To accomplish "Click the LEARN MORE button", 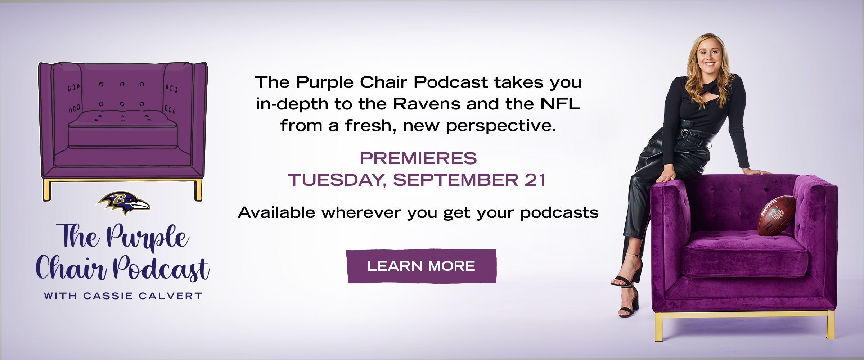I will pyautogui.click(x=421, y=266).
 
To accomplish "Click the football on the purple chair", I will pyautogui.click(x=777, y=215).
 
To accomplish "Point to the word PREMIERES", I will pyautogui.click(x=418, y=158).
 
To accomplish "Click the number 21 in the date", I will pyautogui.click(x=535, y=180).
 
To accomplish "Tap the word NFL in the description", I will pyautogui.click(x=561, y=104).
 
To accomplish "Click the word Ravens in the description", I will pyautogui.click(x=427, y=104).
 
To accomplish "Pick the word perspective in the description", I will pyautogui.click(x=500, y=126).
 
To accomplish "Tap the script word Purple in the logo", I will pyautogui.click(x=148, y=238).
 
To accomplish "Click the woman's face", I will pyautogui.click(x=708, y=58).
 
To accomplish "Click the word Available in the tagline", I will pyautogui.click(x=276, y=213).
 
